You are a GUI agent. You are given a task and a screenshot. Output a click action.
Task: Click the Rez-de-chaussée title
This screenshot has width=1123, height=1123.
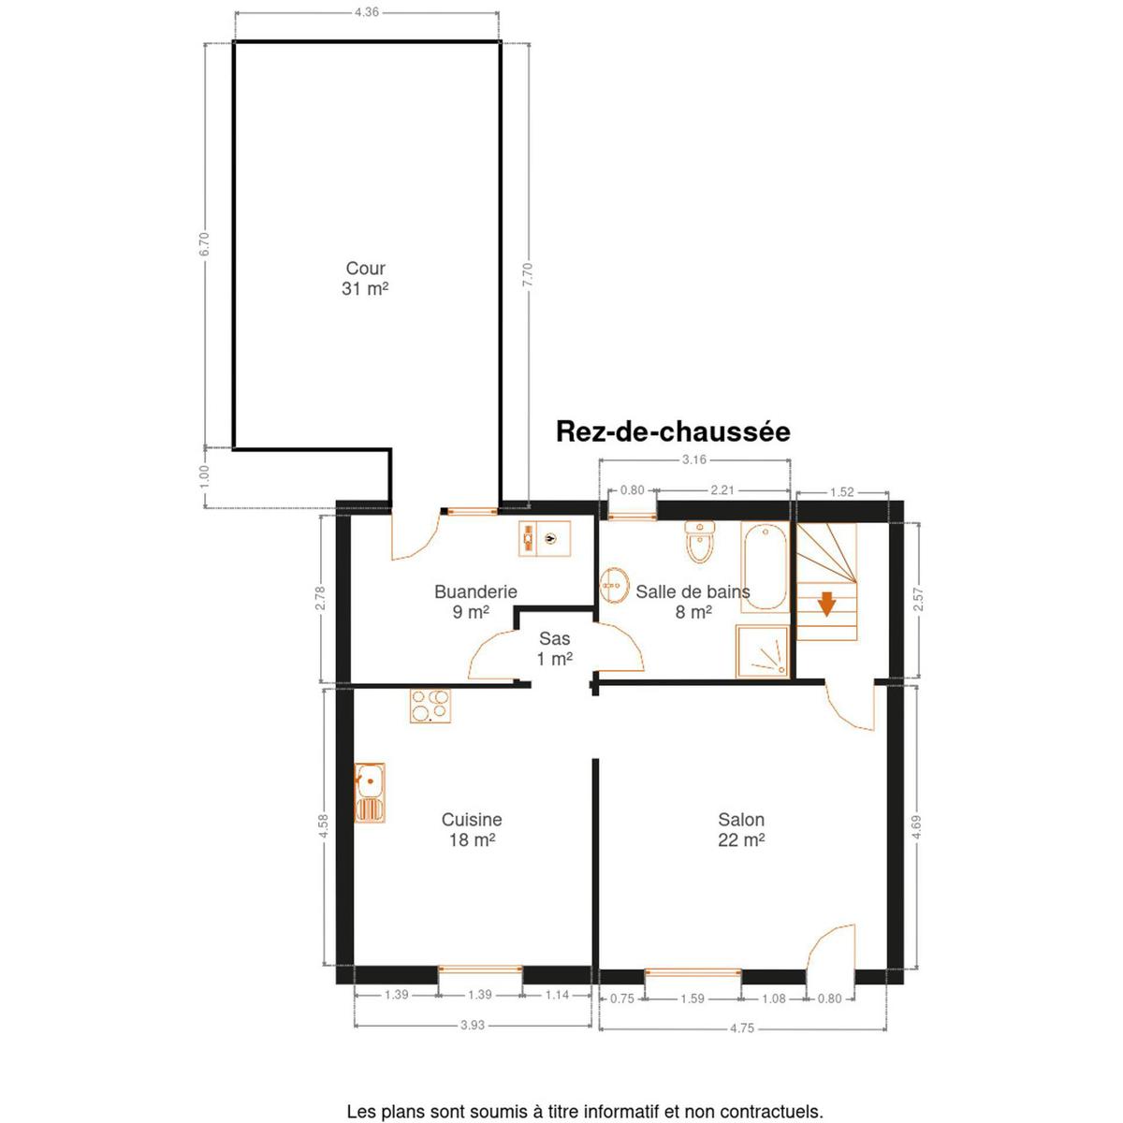673,431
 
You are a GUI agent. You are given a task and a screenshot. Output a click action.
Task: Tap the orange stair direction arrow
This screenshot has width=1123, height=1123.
825,604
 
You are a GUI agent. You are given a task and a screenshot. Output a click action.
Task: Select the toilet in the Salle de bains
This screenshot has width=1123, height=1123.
699,542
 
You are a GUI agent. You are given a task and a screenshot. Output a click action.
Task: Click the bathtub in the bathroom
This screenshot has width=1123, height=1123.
764,566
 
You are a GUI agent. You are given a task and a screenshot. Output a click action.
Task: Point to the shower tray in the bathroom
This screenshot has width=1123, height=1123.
763,651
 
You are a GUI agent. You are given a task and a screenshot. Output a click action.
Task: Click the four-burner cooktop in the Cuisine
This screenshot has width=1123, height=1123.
430,706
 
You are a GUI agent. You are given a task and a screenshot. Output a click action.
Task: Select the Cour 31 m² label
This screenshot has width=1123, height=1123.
365,279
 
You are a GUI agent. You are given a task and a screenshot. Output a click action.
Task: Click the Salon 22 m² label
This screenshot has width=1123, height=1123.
740,830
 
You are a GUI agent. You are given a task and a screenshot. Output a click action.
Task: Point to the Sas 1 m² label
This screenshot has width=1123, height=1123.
554,649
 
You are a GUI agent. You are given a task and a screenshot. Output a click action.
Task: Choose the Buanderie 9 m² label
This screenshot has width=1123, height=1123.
475,602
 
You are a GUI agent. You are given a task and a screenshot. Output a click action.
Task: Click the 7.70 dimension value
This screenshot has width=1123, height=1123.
528,274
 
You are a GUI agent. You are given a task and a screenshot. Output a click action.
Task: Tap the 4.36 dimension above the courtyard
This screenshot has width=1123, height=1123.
367,11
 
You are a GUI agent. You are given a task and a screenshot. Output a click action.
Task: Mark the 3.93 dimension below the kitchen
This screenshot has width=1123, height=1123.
472,1025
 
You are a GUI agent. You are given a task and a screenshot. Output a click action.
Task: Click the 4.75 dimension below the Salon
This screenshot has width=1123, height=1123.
742,1028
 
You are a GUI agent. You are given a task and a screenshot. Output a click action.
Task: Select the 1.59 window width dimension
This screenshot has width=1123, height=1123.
693,999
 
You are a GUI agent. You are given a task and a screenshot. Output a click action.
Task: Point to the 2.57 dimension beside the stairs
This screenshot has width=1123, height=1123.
918,599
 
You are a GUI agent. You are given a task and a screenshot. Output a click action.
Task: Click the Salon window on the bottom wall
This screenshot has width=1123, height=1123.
693,972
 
